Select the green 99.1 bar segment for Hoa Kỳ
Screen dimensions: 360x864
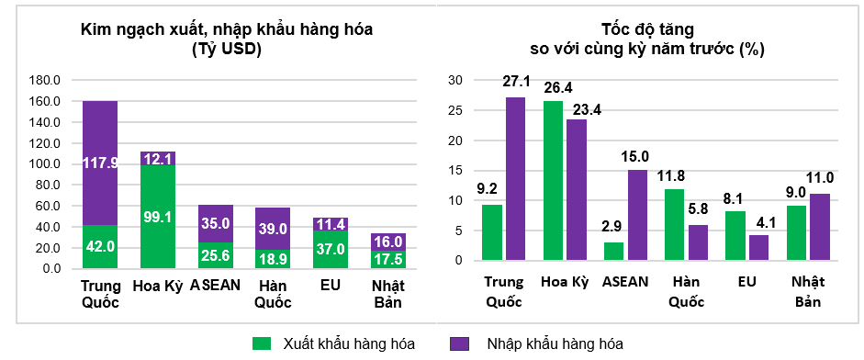[158, 216]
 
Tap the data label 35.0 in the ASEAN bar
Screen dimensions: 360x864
[215, 222]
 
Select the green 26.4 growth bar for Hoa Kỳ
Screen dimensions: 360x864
[554, 181]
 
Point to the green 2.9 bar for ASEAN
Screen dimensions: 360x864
[614, 251]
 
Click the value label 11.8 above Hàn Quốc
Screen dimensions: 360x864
[675, 175]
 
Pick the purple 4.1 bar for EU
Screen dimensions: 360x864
[758, 248]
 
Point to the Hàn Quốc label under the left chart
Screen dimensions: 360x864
[273, 293]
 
